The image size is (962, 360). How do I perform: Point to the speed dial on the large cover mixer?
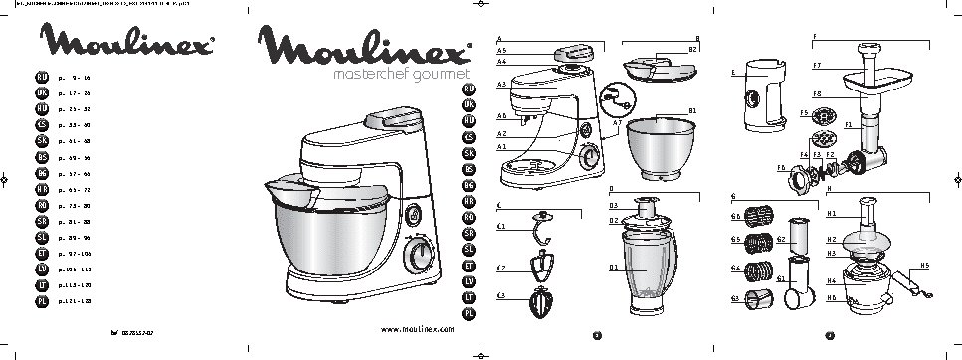click(418, 255)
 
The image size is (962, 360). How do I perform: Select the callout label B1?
click(691, 110)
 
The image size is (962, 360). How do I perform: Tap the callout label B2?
click(691, 47)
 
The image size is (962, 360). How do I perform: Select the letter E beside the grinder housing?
click(731, 73)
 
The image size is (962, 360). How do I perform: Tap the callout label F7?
click(816, 66)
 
